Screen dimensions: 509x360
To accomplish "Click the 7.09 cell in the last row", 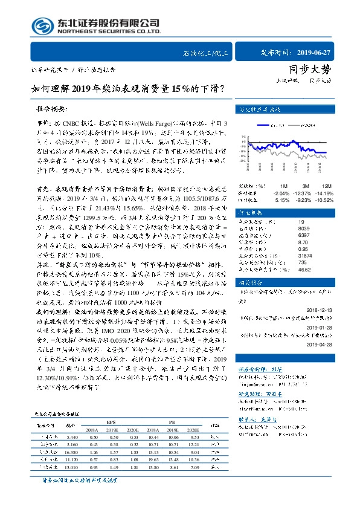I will tap(193, 467).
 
